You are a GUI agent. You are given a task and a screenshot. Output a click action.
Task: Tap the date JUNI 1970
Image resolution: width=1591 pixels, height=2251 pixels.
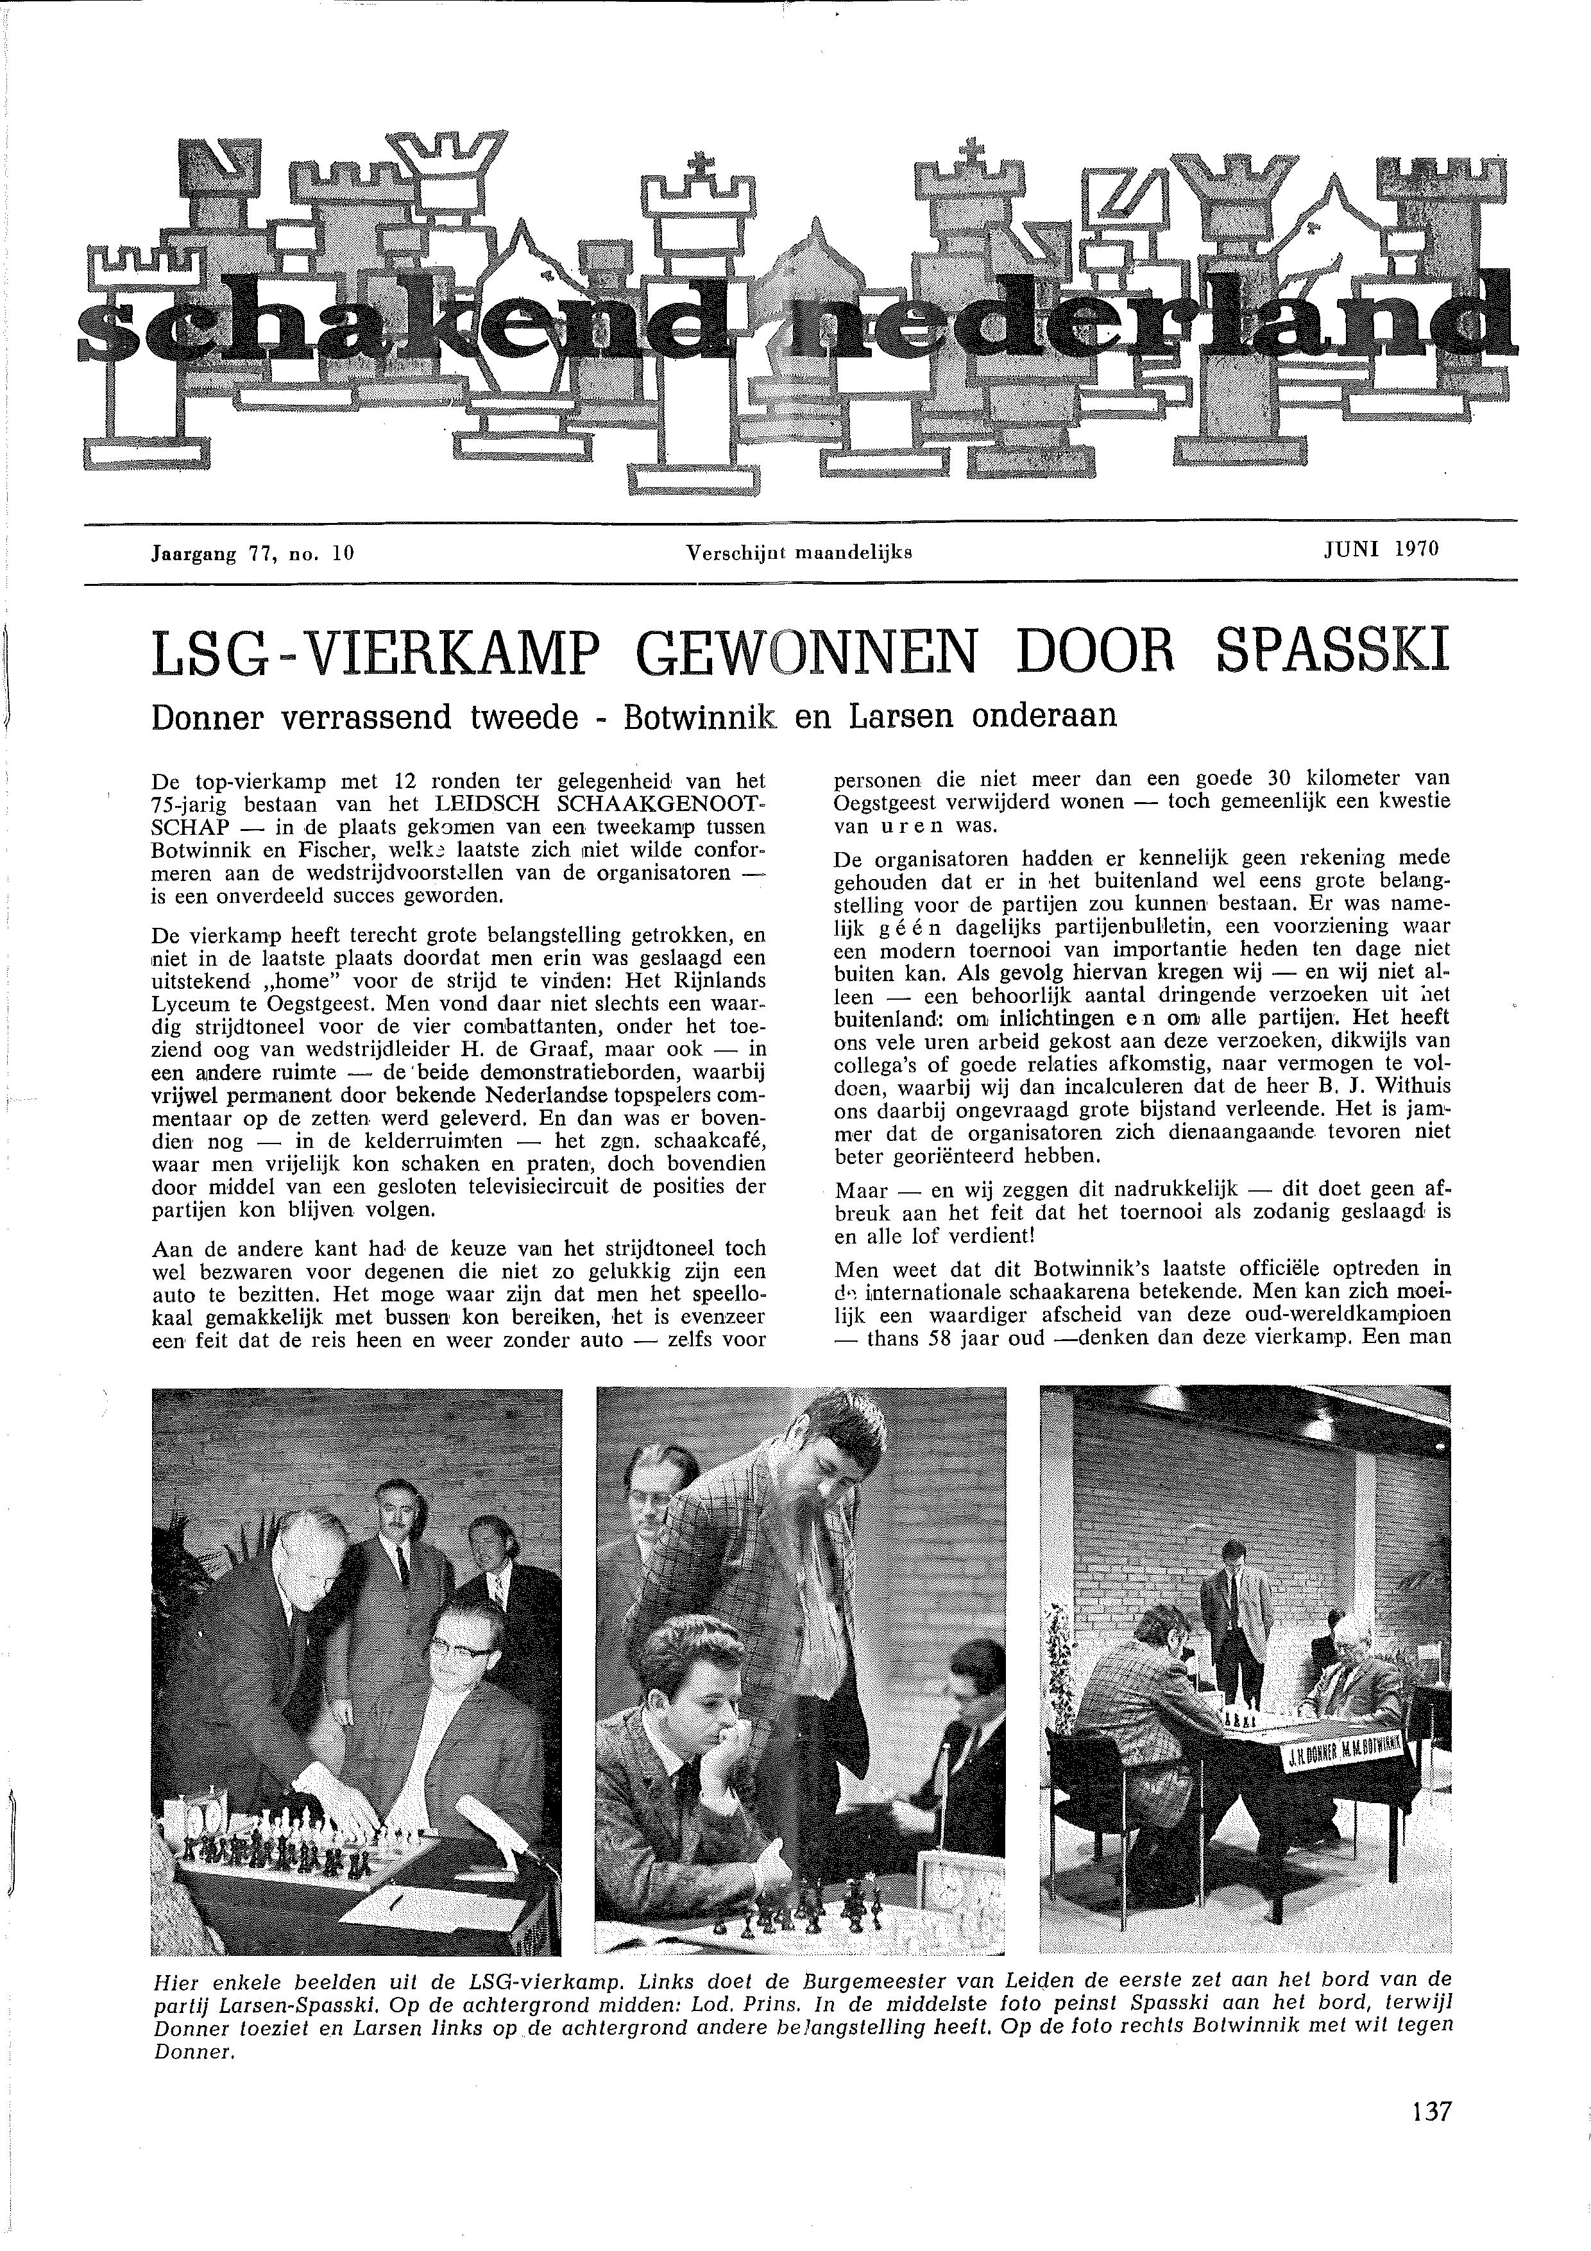click(1380, 549)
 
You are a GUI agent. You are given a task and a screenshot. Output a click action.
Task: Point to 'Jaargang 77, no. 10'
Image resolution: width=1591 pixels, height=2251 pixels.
click(252, 554)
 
